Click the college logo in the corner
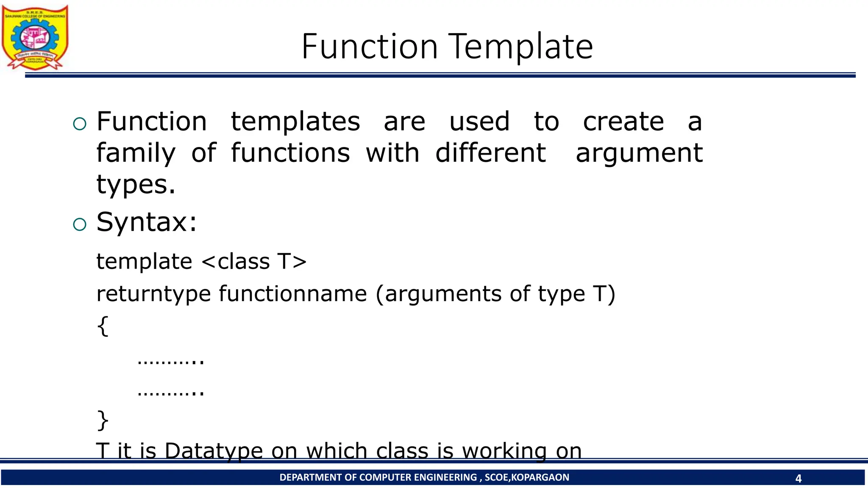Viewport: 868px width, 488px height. coord(35,37)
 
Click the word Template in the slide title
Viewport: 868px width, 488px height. coord(520,47)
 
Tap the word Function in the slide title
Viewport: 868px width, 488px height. coord(369,47)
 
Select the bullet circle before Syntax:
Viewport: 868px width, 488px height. coord(80,224)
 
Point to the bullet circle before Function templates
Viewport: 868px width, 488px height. coord(80,124)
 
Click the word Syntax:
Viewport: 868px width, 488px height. coord(147,222)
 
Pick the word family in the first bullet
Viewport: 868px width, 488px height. coord(136,153)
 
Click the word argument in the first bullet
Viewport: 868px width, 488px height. coord(639,153)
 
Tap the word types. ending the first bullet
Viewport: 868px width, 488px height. coord(136,185)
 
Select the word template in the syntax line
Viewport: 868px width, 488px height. coord(144,261)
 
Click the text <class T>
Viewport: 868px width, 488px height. coord(254,261)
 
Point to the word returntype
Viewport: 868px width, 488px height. coord(153,294)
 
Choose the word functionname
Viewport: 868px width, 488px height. coord(292,294)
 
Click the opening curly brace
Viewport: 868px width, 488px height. coord(103,326)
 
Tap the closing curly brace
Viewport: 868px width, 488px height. coord(103,420)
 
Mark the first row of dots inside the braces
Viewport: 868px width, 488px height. coord(171,360)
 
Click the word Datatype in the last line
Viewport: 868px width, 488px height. coord(214,451)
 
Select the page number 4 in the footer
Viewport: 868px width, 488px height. coord(798,479)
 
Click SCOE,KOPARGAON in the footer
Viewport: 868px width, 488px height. coord(527,477)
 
